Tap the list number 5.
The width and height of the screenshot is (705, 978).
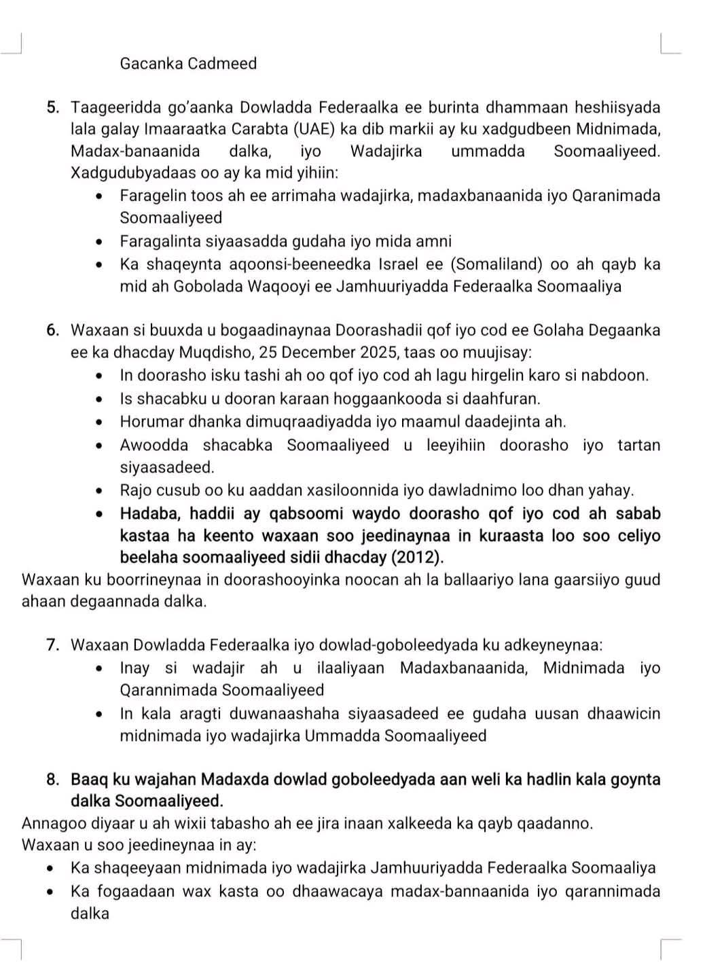(x=53, y=107)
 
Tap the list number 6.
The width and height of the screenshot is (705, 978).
(x=53, y=331)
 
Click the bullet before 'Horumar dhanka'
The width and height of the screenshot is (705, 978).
(x=101, y=422)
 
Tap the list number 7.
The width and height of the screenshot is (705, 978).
(x=53, y=645)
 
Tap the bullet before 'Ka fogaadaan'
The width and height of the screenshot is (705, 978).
(x=52, y=892)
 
